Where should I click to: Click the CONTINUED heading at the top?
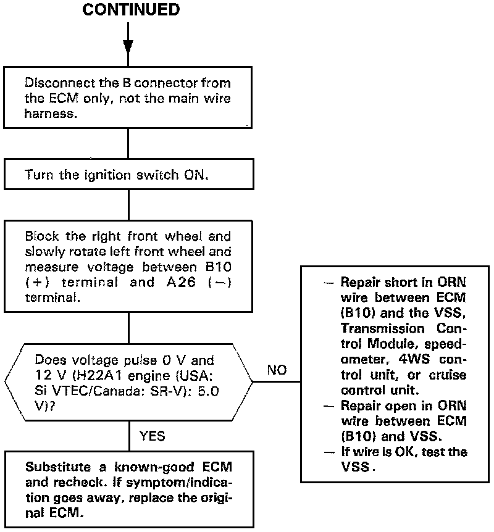(x=131, y=10)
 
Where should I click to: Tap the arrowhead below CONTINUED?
(x=128, y=47)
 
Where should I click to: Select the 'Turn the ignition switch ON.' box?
(x=128, y=175)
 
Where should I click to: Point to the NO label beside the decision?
(x=277, y=370)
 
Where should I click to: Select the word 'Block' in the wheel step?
(x=40, y=237)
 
